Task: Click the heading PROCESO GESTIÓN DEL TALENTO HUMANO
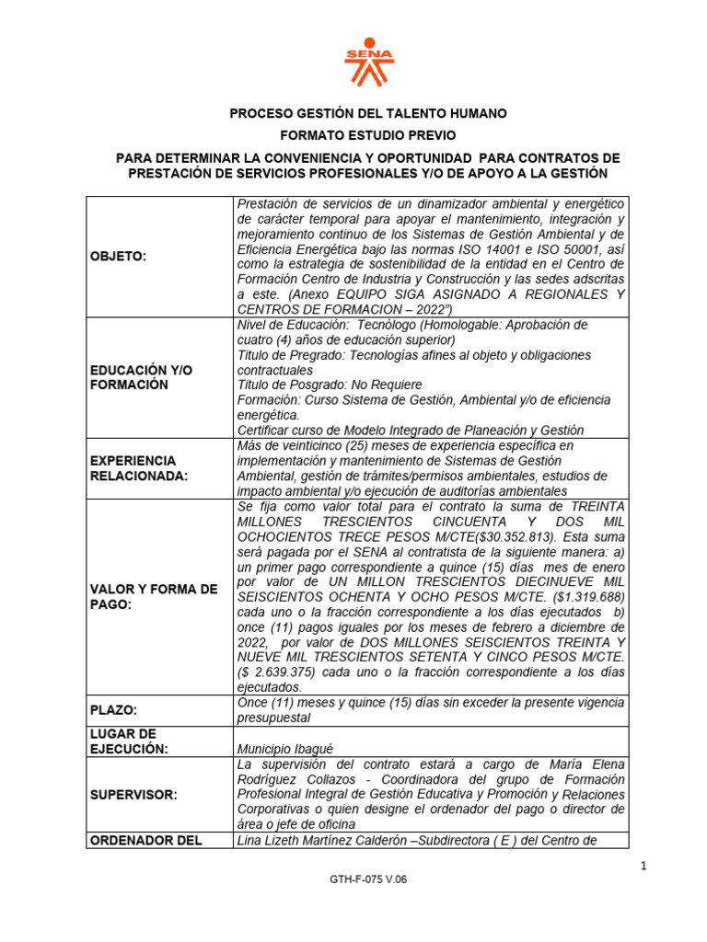367,113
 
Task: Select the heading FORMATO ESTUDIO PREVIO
367,135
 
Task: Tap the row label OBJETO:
120,256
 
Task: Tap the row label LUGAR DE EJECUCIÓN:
129,741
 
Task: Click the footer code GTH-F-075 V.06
367,904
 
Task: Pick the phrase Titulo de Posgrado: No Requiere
330,385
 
